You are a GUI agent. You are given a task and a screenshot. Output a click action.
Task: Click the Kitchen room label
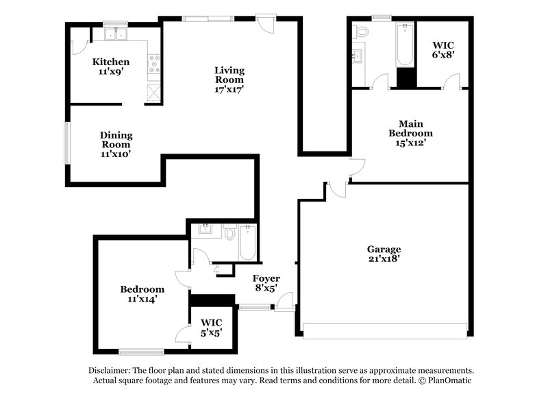[111, 66]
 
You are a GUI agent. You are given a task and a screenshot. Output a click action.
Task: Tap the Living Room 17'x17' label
[229, 79]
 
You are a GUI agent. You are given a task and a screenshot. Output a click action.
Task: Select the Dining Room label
[116, 144]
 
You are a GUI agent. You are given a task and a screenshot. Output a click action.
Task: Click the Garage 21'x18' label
[384, 254]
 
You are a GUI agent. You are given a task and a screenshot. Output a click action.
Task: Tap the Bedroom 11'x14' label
[142, 294]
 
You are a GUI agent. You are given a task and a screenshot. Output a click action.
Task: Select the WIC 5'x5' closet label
[210, 328]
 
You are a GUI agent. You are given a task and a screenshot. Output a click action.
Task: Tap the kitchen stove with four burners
[153, 65]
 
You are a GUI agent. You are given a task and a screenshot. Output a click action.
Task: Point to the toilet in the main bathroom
[361, 32]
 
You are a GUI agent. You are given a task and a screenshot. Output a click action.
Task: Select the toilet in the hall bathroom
[230, 234]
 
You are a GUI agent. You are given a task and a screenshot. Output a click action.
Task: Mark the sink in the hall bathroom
[204, 230]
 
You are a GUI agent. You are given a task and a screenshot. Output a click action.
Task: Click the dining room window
[67, 143]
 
